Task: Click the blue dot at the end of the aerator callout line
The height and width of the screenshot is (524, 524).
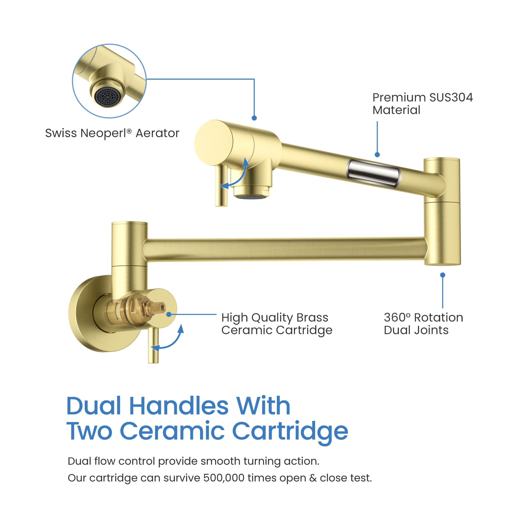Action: (x=254, y=118)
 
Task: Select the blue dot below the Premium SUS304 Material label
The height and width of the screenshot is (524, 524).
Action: (x=377, y=155)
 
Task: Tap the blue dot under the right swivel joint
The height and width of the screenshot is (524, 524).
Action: (x=443, y=275)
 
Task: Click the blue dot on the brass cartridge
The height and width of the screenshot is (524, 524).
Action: (x=169, y=314)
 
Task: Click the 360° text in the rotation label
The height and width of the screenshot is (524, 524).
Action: (x=397, y=317)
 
